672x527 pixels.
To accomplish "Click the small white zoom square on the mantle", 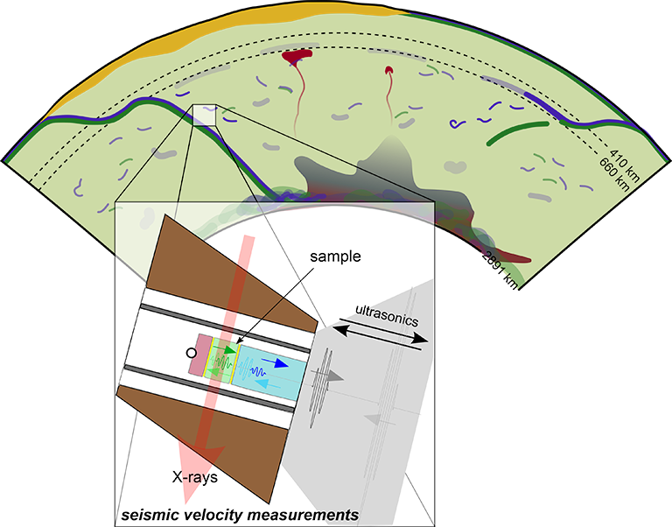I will coord(204,116).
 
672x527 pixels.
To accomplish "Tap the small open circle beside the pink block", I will coord(190,353).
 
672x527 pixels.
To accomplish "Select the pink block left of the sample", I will coord(199,355).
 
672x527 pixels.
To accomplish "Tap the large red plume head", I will coord(299,58).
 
